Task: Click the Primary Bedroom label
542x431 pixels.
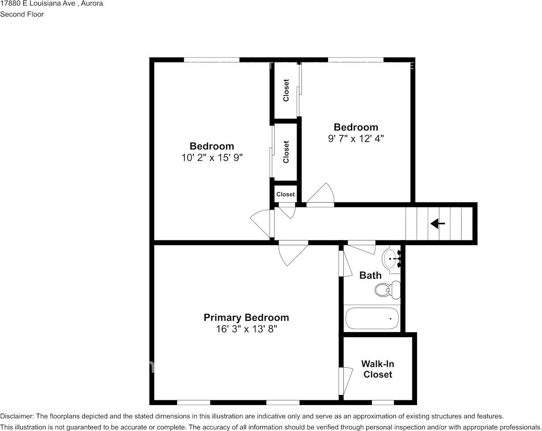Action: [x=246, y=318]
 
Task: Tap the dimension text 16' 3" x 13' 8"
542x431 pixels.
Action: [x=246, y=329]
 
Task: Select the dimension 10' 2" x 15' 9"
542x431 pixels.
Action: [x=212, y=158]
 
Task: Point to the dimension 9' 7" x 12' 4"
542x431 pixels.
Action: [x=356, y=139]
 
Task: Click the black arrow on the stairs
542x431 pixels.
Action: [x=438, y=223]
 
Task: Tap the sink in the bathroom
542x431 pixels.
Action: [x=391, y=259]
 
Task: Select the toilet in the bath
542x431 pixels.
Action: [x=387, y=289]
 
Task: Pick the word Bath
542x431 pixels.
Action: [x=370, y=275]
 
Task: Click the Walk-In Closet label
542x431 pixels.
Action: [x=377, y=369]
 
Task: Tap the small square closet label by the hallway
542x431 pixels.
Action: [x=286, y=194]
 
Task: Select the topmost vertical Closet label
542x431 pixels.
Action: [x=286, y=90]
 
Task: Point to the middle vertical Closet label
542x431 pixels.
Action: [x=286, y=152]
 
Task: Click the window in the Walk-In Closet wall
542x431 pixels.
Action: [x=383, y=402]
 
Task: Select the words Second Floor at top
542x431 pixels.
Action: [x=22, y=14]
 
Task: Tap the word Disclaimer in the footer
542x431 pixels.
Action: [x=16, y=416]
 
